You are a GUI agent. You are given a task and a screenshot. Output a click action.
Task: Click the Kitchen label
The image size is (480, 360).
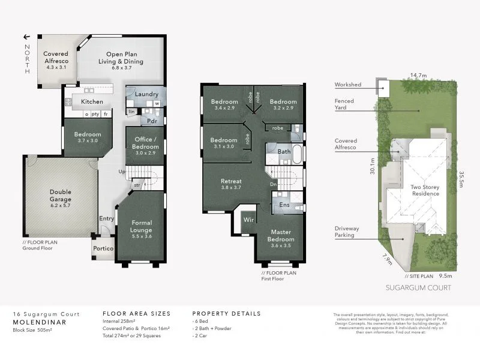click(x=92, y=102)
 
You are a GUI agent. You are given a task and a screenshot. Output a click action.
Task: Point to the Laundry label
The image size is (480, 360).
click(x=146, y=94)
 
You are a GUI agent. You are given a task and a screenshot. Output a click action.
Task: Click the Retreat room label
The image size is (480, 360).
click(x=231, y=184)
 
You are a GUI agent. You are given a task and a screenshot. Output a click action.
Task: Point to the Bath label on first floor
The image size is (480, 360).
click(x=284, y=152)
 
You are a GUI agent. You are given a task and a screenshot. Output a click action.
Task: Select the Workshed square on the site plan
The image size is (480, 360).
click(x=382, y=89)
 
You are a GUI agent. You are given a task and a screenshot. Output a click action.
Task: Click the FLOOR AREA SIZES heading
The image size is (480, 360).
click(x=136, y=313)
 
